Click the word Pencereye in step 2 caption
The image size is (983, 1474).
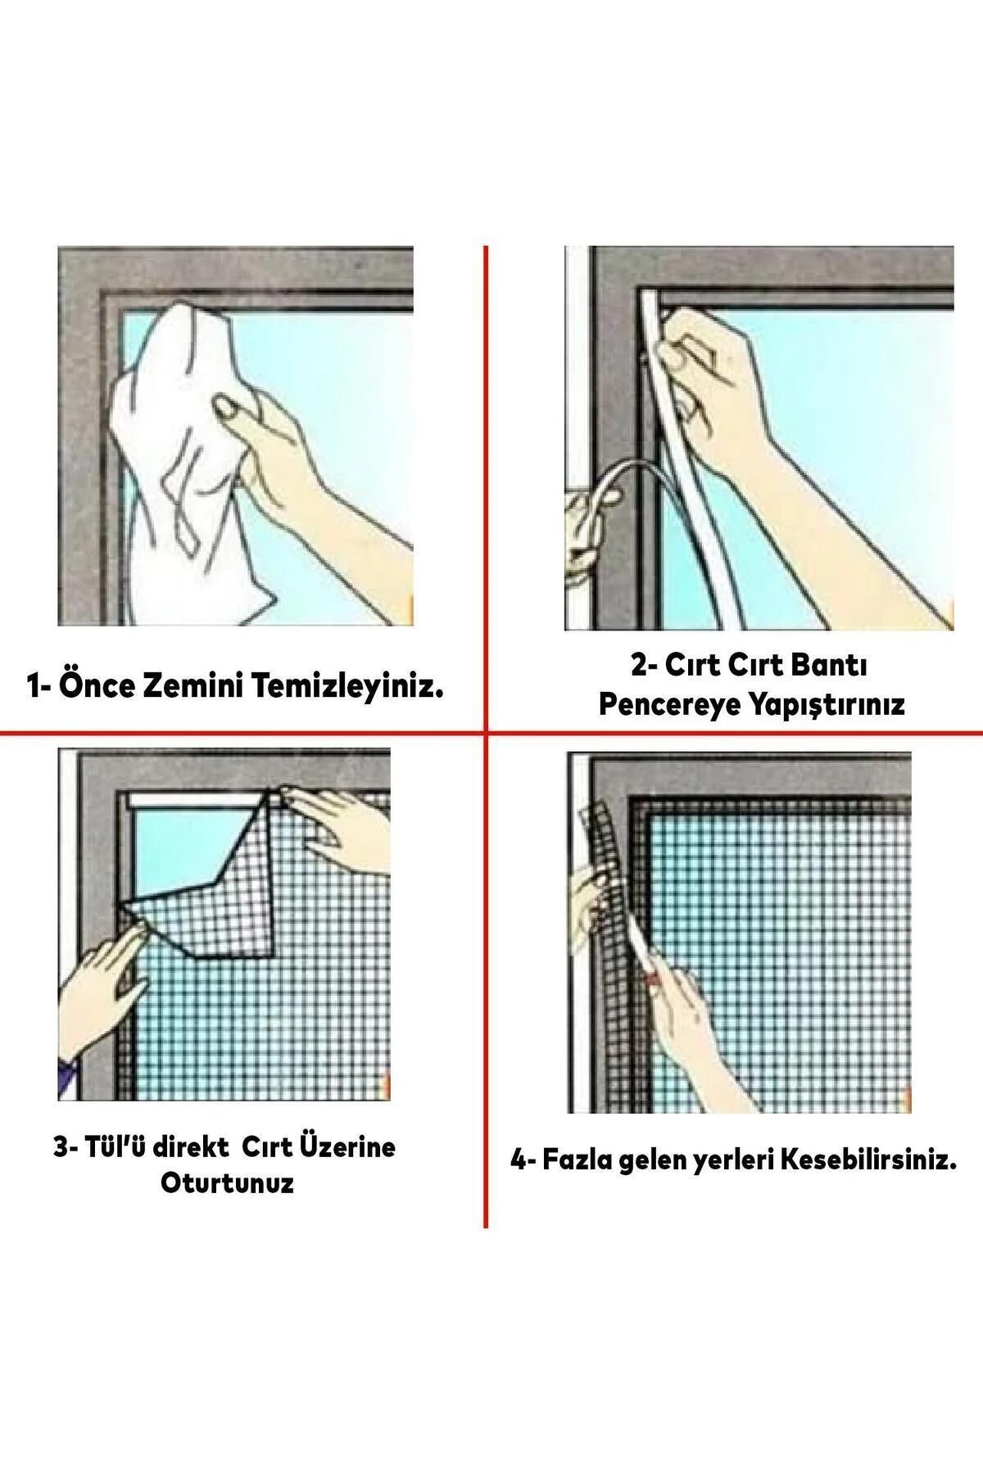663,704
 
